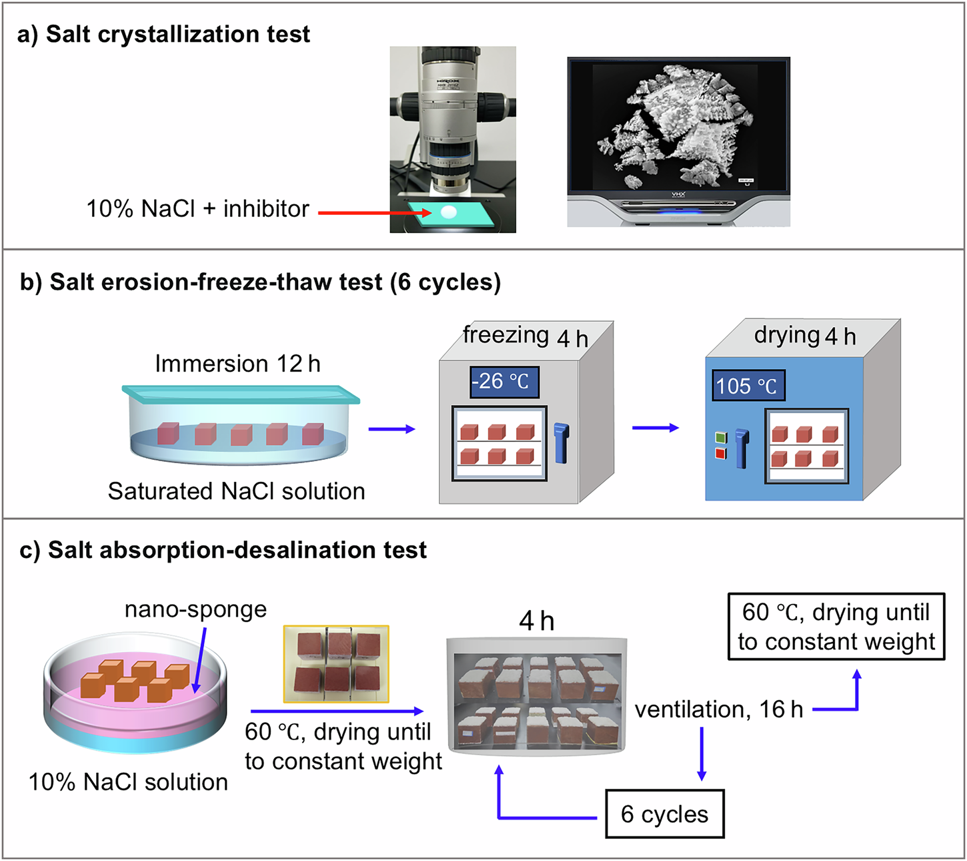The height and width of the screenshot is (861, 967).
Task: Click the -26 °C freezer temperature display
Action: point(504,382)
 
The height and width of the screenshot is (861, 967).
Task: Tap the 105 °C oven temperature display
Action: point(748,386)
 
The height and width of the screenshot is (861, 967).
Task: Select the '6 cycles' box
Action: point(664,814)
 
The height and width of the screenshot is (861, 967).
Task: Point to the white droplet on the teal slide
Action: point(449,212)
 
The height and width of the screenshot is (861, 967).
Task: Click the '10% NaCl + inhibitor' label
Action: point(197,209)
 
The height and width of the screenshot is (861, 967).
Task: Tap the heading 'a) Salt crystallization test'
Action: point(164,34)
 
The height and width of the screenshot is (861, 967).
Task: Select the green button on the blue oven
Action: point(720,438)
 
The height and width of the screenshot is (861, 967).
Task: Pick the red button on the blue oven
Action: point(720,454)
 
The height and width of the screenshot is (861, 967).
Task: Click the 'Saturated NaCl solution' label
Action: point(236,491)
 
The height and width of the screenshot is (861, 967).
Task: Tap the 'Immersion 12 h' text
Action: point(237,364)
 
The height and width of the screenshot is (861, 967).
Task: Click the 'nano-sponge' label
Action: point(195,609)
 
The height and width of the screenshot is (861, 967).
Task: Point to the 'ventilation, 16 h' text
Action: point(718,709)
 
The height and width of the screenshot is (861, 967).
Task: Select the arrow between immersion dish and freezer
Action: point(391,429)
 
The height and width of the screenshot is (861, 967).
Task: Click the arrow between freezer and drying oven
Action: point(655,428)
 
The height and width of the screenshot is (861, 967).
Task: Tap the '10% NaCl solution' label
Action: point(128,782)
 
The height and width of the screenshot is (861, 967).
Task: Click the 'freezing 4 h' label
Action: point(526,336)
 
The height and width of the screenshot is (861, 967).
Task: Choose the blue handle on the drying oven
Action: point(742,448)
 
